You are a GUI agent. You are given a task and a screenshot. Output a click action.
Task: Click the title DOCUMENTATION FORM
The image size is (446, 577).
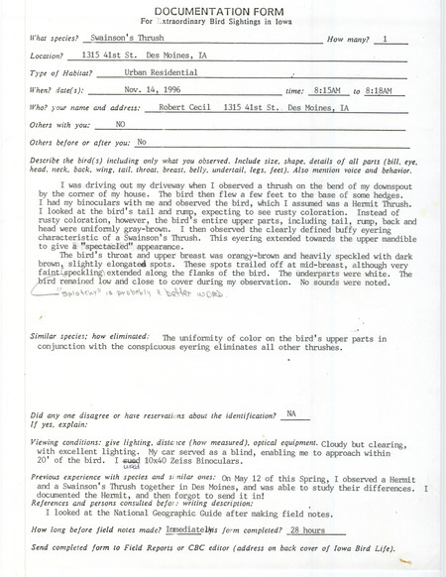(223, 9)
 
